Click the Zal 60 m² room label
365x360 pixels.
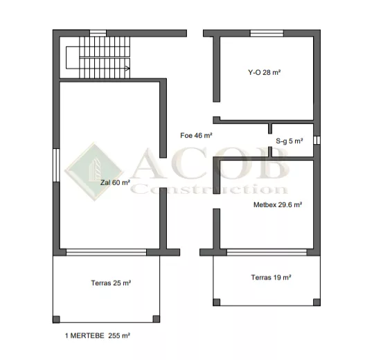pyautogui.click(x=115, y=183)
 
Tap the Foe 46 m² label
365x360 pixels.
pyautogui.click(x=196, y=135)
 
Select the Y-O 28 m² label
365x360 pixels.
pyautogui.click(x=264, y=73)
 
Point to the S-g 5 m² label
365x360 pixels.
pyautogui.click(x=289, y=141)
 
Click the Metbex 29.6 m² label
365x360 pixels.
pyautogui.click(x=278, y=204)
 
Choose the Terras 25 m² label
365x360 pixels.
pyautogui.click(x=111, y=282)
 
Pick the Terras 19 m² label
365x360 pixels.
pyautogui.click(x=271, y=277)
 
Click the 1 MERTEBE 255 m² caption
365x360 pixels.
pyautogui.click(x=97, y=336)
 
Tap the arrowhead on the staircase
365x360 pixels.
pyautogui.click(x=127, y=69)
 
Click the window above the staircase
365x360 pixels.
pyautogui.click(x=98, y=33)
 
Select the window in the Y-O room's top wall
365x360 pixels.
pyautogui.click(x=267, y=33)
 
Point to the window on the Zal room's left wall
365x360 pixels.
pyautogui.click(x=56, y=165)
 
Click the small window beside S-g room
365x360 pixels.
pyautogui.click(x=317, y=140)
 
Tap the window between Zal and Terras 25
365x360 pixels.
pyautogui.click(x=107, y=252)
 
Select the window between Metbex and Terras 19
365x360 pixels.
pyautogui.click(x=267, y=252)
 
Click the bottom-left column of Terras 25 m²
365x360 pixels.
pyautogui.click(x=56, y=319)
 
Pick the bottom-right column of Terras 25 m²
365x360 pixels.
pyautogui.click(x=157, y=319)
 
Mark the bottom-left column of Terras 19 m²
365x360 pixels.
pyautogui.click(x=217, y=303)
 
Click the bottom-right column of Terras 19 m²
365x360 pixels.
pyautogui.click(x=317, y=303)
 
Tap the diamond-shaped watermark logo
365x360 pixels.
pyautogui.click(x=94, y=172)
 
